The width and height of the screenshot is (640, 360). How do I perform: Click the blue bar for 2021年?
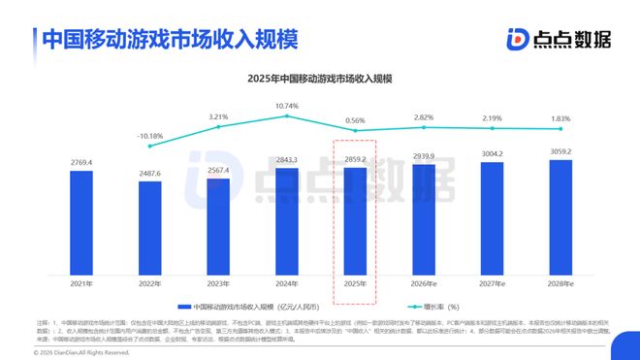81,224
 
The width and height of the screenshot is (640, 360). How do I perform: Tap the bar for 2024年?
287,222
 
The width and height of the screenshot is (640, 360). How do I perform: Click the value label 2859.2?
355,157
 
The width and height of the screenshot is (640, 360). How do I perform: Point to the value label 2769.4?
81,162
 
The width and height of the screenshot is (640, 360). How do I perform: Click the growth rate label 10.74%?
287,105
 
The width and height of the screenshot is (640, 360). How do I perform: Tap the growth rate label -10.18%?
150,135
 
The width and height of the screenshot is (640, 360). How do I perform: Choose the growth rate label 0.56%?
355,120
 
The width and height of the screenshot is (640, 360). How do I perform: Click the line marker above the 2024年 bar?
287,116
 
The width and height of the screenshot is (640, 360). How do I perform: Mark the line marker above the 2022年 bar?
150,146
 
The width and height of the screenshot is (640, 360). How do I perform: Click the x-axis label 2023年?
218,284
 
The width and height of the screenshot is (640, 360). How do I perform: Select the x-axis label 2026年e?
424,284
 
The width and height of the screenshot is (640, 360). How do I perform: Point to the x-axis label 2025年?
355,284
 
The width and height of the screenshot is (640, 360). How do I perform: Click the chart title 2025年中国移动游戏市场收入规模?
320,78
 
